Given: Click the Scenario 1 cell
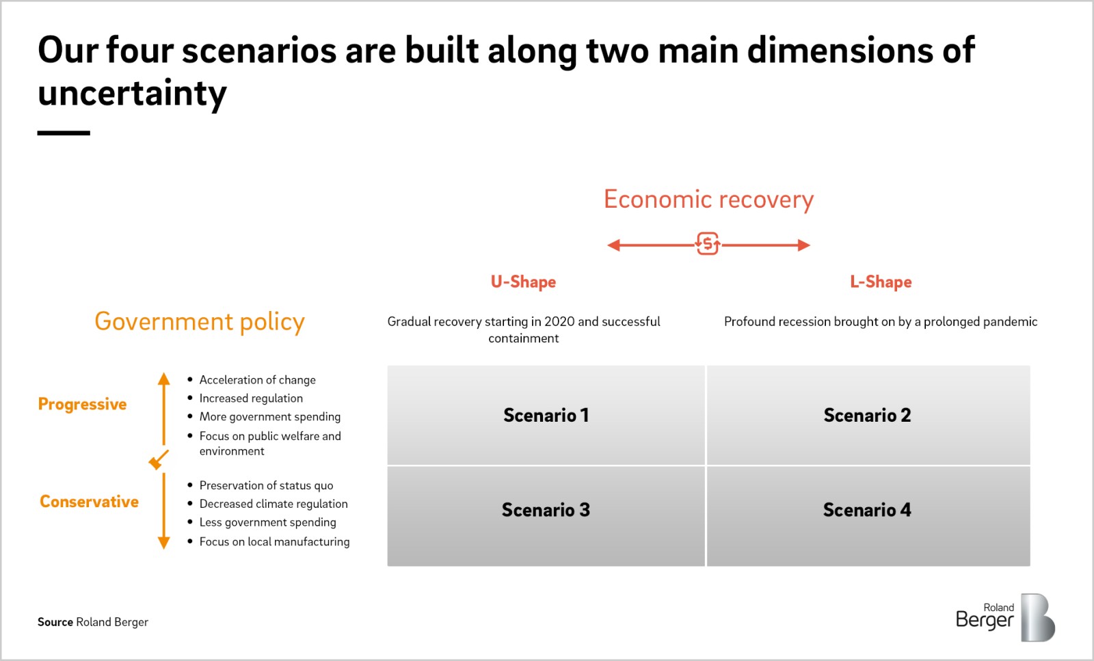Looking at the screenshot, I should coord(546,416).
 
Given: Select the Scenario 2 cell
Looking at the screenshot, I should coord(867,416).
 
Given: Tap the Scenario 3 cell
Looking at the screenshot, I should coord(546,510).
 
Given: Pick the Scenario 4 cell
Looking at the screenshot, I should coord(867,510).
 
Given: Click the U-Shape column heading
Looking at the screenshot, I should coord(523,282).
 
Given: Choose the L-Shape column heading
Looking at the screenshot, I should coord(881,282).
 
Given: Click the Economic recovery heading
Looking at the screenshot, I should coord(708,200).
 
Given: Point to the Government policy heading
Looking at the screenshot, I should coord(199,321).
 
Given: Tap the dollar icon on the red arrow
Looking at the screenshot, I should coord(708,244).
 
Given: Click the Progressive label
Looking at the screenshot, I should coord(82,404).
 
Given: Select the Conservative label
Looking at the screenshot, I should coord(89,502).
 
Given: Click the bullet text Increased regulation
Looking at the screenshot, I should coord(251,398).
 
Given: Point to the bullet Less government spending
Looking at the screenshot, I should coord(267,522).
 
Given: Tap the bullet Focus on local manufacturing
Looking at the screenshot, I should coord(274,541).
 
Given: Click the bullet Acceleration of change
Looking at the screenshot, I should coord(257,379).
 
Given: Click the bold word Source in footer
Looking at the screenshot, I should coord(55,622).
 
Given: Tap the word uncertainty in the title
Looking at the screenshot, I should coord(132,94).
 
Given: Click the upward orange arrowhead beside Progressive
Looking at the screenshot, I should coord(163,379).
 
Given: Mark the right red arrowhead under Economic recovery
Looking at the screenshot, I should coord(804,245).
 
